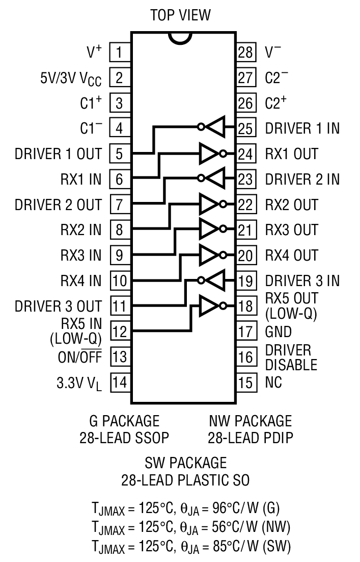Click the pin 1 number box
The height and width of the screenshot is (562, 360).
coord(119,52)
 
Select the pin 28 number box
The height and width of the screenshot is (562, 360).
coord(245,52)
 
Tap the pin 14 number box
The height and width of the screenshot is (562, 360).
coord(119,382)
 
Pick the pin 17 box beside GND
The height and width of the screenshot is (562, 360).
coord(245,331)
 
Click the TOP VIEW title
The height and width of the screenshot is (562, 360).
coord(180,15)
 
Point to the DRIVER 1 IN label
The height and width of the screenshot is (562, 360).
coord(302,129)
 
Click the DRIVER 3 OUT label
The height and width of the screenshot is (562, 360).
coord(58,306)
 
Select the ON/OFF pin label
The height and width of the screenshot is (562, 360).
coord(79,357)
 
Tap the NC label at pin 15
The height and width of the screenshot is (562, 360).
coord(274,382)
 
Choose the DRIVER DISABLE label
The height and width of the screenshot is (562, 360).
coord(291,357)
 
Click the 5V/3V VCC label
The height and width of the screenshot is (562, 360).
coord(71,78)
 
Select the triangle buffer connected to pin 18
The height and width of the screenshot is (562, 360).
coord(210,305)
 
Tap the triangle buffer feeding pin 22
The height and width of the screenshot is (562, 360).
coord(210,204)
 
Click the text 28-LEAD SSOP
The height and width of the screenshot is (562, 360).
coord(124,438)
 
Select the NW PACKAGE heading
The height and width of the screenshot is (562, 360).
coord(250,421)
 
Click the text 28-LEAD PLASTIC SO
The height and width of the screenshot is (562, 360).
coord(185,480)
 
